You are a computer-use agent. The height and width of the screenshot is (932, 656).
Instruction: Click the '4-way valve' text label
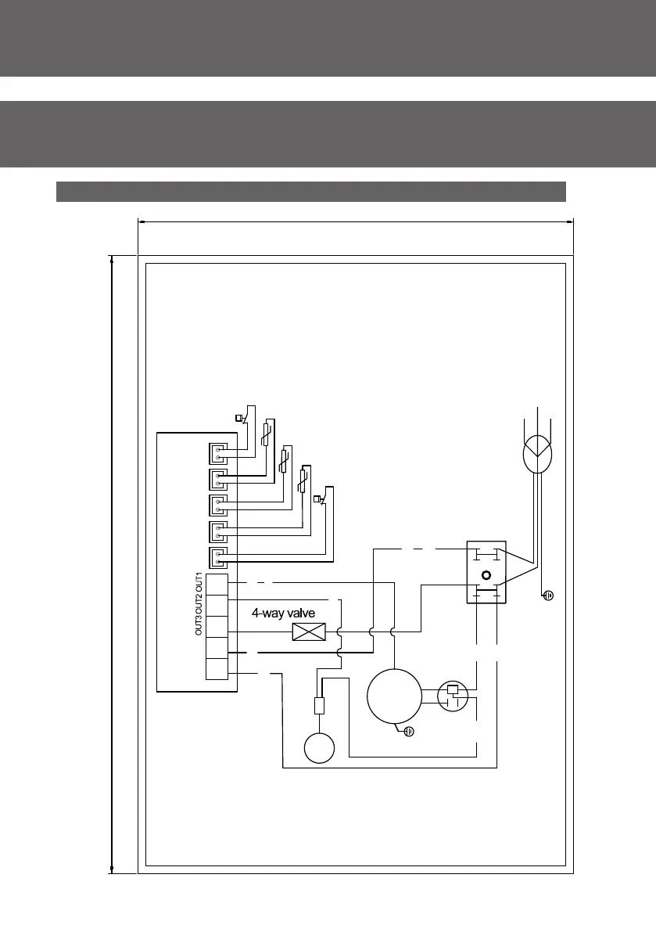click(x=283, y=614)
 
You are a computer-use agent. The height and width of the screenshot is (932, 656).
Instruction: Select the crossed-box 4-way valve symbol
click(x=303, y=632)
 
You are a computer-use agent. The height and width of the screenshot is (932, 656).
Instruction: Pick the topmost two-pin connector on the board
click(x=219, y=453)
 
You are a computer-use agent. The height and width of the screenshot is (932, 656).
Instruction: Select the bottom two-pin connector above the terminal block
click(x=219, y=558)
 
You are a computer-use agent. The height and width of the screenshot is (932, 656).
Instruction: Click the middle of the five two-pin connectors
click(x=219, y=506)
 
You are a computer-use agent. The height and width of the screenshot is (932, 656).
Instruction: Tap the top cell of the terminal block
click(x=217, y=585)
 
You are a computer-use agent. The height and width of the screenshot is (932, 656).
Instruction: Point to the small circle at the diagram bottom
click(x=319, y=747)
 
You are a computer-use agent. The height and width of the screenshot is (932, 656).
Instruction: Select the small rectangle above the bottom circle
click(x=319, y=706)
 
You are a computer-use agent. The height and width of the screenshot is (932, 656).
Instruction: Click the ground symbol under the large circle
click(x=408, y=732)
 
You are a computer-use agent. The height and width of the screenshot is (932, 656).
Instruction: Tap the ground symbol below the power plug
click(x=549, y=596)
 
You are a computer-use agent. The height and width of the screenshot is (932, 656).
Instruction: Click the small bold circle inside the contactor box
click(x=486, y=575)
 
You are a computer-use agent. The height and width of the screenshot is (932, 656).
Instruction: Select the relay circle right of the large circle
click(x=453, y=696)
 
